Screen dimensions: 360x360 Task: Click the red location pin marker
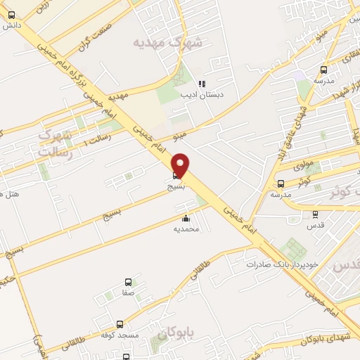pos(181,165)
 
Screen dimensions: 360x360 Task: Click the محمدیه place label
pos(187,229)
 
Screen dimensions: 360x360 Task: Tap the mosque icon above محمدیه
pos(186,218)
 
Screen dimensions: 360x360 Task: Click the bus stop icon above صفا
pos(127,281)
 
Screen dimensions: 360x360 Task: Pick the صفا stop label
pos(127,292)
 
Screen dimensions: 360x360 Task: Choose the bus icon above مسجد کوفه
pos(120,325)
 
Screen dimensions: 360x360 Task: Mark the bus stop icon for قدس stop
pos(314,215)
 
